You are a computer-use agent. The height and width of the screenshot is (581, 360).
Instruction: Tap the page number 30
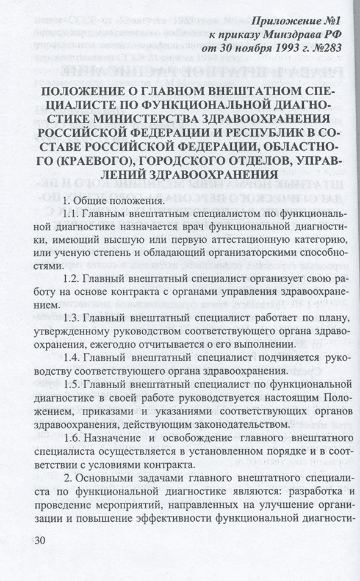37,541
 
